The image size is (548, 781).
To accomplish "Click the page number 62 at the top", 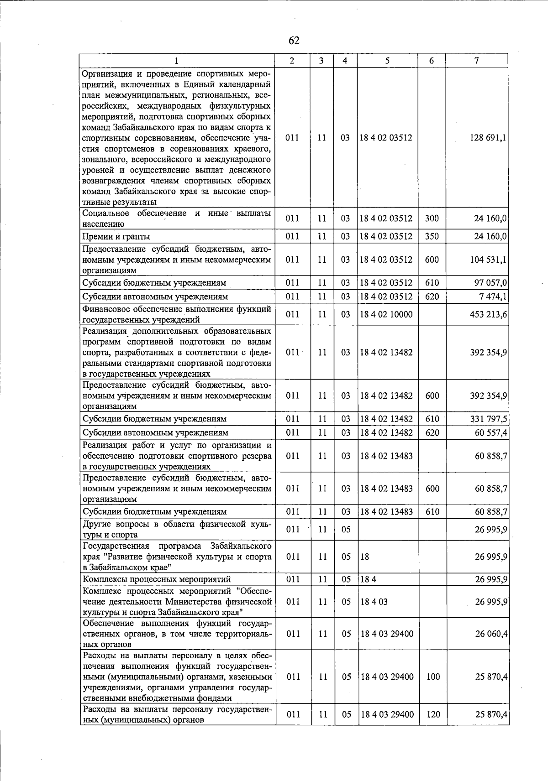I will point(294,41).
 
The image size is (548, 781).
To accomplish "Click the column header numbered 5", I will point(387,61).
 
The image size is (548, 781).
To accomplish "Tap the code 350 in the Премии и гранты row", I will point(432,236).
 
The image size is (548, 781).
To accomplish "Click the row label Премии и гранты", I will point(116,236).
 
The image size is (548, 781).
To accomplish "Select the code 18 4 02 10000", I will point(386,314).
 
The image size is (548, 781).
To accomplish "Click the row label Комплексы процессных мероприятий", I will point(156,579).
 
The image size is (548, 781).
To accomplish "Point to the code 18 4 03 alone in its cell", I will point(374,602).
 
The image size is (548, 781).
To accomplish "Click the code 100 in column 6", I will point(432,677).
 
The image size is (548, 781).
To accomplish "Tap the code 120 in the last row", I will point(432,714).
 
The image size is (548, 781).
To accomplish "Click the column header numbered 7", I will point(476,61).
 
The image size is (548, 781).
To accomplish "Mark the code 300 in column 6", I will point(432,219).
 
